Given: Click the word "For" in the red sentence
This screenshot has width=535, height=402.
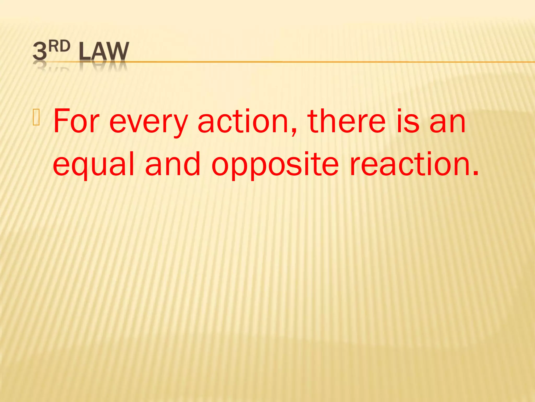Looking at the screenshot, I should pyautogui.click(x=76, y=121).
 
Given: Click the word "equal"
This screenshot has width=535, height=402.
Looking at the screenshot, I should pyautogui.click(x=94, y=164).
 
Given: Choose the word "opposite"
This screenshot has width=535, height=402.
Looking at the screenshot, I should pyautogui.click(x=275, y=165).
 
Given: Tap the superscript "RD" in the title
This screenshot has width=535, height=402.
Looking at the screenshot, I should pyautogui.click(x=60, y=47).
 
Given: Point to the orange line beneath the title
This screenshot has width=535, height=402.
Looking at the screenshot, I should pyautogui.click(x=313, y=62).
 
